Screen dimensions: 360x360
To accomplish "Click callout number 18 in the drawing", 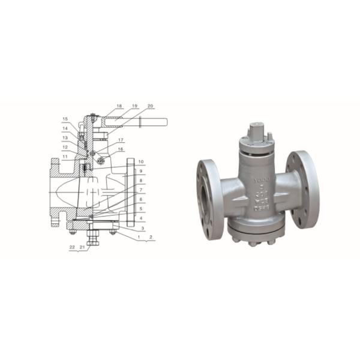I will coord(119,106).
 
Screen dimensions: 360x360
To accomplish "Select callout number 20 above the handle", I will coord(150,106).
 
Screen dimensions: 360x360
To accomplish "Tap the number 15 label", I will coord(65,119).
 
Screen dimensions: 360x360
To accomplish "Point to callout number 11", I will coord(64,157).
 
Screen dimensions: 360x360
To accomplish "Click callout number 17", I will coord(121,140).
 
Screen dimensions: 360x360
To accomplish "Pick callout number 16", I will coord(121,149).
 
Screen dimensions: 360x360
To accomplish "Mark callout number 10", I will coord(140,162).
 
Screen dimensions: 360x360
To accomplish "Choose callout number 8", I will coord(140,180).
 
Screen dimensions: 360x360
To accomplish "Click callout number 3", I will coord(140,229).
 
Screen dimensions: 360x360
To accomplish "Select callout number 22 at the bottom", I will coord(72,247).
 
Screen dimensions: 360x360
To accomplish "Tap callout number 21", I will coord(82,247).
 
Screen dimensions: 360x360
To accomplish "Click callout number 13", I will coord(65,137).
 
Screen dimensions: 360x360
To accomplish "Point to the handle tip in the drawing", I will coord(164,122).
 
